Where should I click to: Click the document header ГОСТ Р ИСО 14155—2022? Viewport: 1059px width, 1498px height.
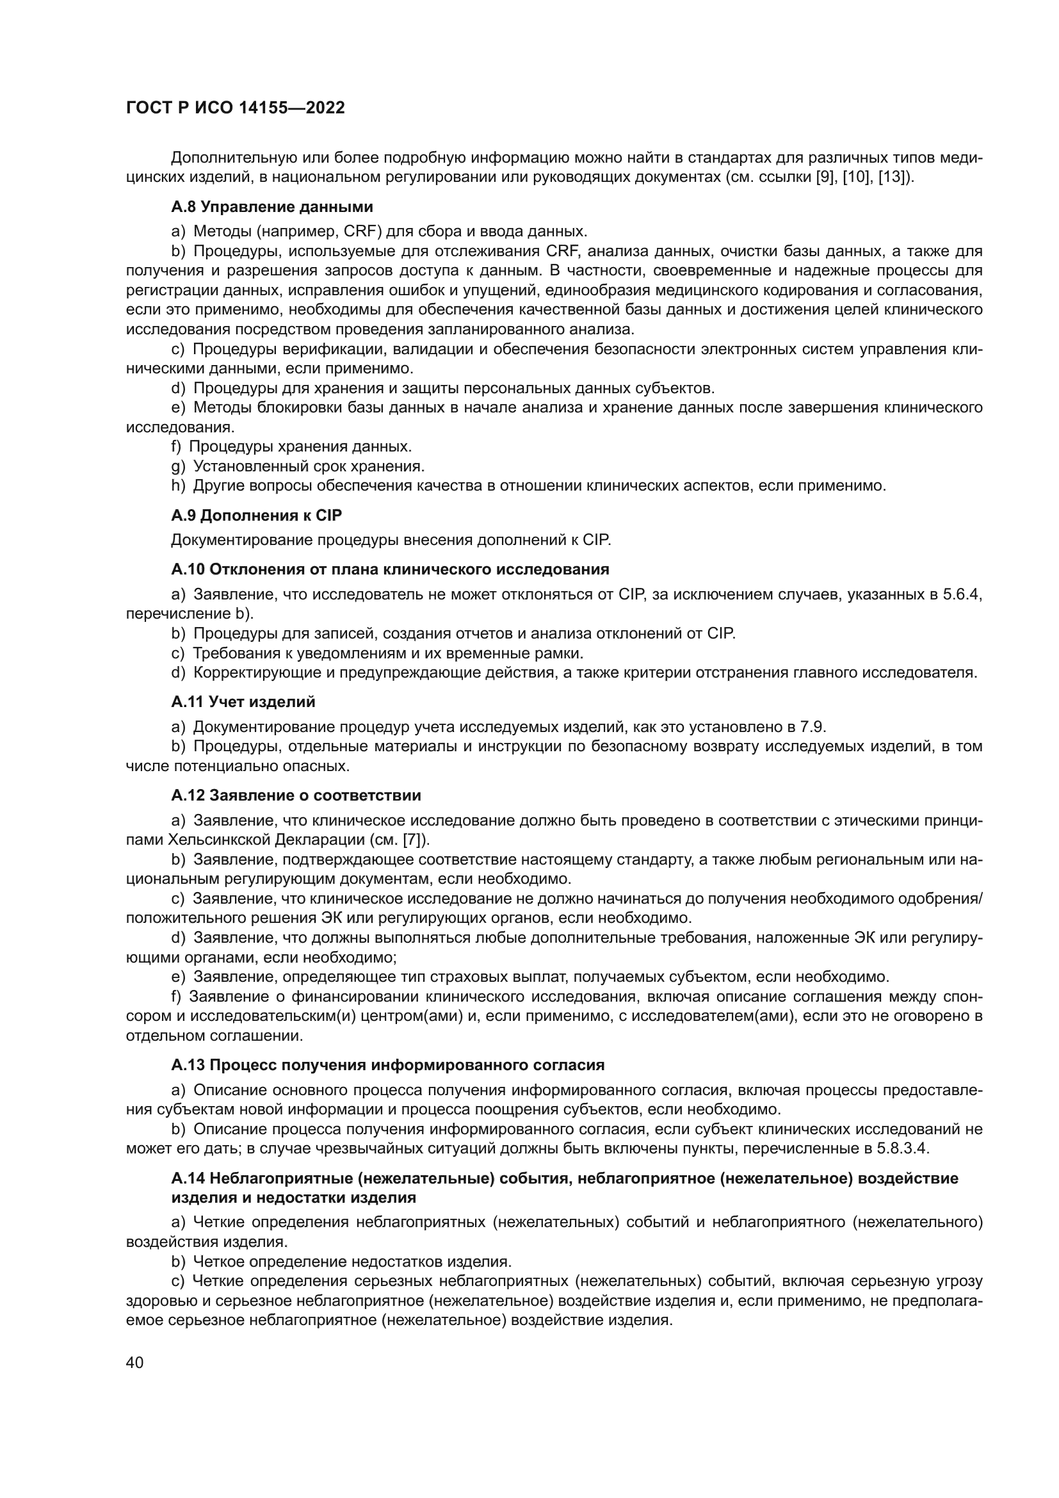[235, 108]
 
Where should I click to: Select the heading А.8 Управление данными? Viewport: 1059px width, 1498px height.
[272, 207]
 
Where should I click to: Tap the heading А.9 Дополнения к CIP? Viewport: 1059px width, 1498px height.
[256, 515]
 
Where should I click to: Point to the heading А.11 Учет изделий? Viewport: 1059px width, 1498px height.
[243, 701]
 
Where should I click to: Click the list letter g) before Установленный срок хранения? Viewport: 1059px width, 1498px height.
[178, 466]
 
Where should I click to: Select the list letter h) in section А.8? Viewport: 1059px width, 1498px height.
[178, 486]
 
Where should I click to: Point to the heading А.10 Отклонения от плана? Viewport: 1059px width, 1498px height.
[390, 569]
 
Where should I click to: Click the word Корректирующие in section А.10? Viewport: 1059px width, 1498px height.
[251, 672]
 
